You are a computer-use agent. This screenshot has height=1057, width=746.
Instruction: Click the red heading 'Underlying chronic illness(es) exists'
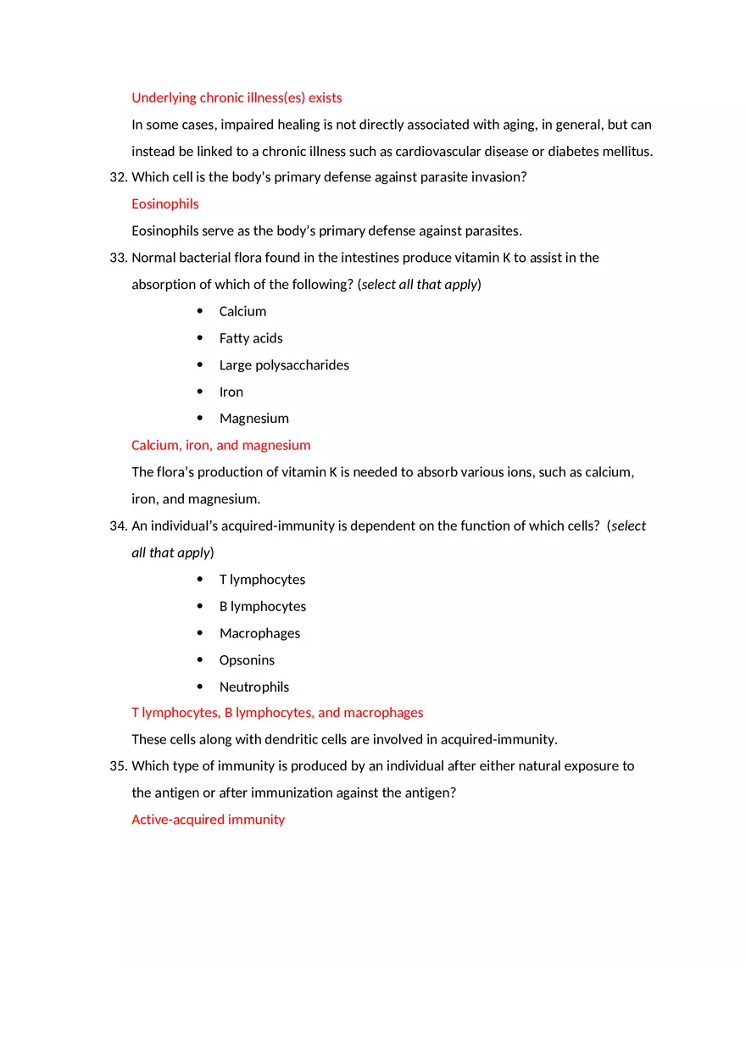pos(237,97)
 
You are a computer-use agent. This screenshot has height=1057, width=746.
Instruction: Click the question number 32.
pos(118,177)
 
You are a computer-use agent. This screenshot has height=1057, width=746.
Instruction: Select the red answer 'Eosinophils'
pos(165,203)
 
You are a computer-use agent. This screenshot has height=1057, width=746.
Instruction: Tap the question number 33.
pos(118,258)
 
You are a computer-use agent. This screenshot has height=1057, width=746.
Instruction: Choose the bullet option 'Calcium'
pos(242,311)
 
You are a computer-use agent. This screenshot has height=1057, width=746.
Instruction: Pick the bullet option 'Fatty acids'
pos(251,338)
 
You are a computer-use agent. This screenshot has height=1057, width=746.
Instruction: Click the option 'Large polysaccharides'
pos(284,365)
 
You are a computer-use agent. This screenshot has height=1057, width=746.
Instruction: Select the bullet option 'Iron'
pos(231,392)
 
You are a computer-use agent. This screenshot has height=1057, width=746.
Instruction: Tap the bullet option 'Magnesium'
pos(254,419)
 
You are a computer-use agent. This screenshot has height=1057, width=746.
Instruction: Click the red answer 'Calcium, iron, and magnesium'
pos(221,445)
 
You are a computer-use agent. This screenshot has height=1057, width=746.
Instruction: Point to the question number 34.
pos(118,526)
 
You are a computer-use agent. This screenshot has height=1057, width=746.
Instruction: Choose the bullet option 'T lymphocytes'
pos(262,580)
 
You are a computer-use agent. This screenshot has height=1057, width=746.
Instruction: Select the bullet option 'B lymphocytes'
pos(263,606)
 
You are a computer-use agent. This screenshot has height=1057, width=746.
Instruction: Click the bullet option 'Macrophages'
pos(259,633)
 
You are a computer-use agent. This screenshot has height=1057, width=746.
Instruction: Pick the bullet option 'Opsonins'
pos(247,660)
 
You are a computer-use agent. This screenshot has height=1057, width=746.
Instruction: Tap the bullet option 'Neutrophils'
pos(254,687)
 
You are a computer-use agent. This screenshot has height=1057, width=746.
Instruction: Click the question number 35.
pos(118,766)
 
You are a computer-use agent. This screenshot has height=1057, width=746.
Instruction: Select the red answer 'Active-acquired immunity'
pos(208,820)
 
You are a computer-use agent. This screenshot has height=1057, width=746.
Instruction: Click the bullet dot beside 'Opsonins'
pos(200,659)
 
